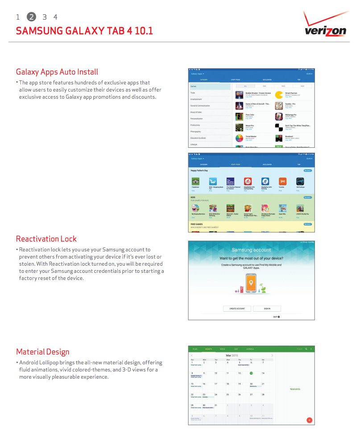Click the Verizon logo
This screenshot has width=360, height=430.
[325, 26]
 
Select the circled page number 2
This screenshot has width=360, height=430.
[31, 17]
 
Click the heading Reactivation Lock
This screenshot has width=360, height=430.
[46, 238]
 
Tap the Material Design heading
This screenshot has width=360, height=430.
[43, 351]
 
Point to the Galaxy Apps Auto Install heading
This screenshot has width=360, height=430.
[57, 72]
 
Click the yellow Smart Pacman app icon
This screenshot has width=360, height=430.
[279, 95]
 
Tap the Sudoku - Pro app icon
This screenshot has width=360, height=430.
[279, 106]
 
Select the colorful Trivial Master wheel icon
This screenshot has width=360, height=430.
[240, 138]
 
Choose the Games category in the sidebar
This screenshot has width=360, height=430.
[210, 86]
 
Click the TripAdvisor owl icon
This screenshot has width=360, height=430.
[195, 182]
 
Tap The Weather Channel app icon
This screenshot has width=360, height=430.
[230, 182]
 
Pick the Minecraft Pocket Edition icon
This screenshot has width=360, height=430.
[230, 208]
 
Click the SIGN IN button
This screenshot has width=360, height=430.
[267, 309]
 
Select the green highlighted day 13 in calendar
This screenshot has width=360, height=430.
[251, 373]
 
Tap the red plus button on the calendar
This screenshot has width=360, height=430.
[309, 420]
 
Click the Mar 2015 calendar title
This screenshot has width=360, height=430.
[232, 355]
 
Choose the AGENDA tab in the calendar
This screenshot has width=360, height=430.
[250, 349]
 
